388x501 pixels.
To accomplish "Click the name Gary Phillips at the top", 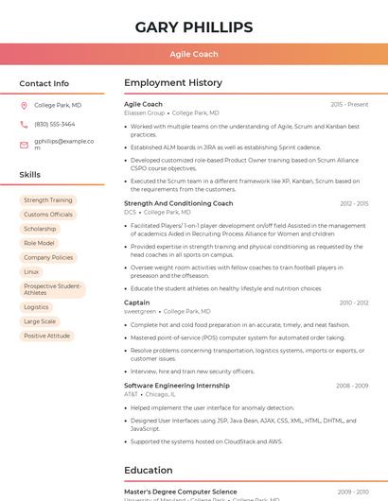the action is point(193,26).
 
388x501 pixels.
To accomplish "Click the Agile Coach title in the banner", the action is point(193,54).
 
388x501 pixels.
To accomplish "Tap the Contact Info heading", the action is point(44,83).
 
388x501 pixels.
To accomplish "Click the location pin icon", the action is point(24,105).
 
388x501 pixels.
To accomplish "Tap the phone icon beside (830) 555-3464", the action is point(24,124).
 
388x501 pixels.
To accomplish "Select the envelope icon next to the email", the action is point(24,145).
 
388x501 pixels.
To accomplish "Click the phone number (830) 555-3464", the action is point(54,124).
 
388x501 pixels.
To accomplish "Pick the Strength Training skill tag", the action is point(48,200).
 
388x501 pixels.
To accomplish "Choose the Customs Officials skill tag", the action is point(48,215).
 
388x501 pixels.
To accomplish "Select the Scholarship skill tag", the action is point(40,229).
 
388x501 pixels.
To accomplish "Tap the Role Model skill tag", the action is point(39,243).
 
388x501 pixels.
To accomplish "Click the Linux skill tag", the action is point(31,271).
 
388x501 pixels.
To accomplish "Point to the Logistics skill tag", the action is point(36,307).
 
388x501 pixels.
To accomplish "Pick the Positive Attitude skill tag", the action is point(46,336).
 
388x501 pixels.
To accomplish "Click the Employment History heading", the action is point(173,83).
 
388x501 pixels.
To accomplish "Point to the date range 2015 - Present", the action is point(349,104).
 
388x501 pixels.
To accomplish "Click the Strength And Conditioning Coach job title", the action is point(178,203).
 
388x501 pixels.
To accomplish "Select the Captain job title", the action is point(137,302).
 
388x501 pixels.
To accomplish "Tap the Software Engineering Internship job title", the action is point(177,386).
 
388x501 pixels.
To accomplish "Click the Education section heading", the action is point(149,470).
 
